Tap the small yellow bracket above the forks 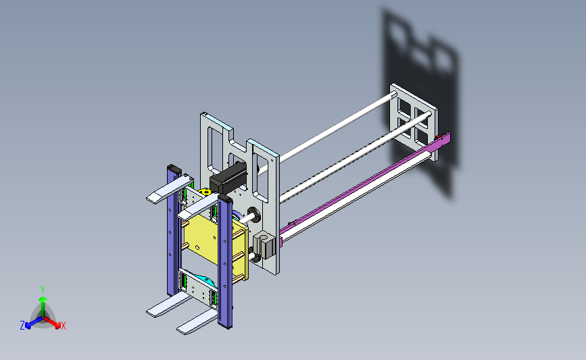205,192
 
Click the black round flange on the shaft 254,215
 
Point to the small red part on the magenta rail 438,137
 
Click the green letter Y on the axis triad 43,290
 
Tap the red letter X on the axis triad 63,326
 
